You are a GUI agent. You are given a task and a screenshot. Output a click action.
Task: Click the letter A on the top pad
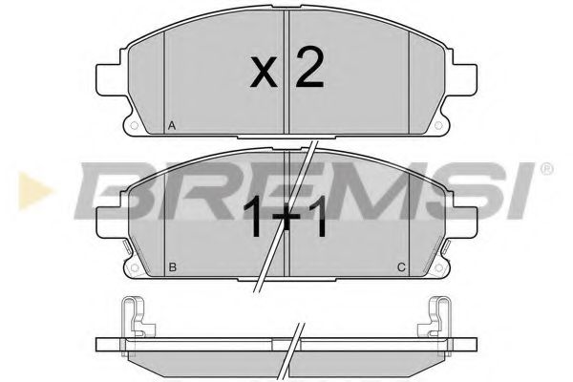[172, 126]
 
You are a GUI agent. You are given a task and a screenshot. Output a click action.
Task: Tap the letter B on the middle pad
[173, 267]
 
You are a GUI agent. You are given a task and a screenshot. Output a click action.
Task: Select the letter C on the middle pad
[401, 267]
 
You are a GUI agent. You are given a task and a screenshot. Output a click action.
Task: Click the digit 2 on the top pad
[308, 68]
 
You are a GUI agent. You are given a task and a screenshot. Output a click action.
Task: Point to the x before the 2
[264, 73]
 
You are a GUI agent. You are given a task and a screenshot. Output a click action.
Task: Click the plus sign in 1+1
[286, 216]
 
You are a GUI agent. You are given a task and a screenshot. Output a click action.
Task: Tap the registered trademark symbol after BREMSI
[546, 169]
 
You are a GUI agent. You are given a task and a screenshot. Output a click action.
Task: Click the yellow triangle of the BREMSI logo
[33, 190]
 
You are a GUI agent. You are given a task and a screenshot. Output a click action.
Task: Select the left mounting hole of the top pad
[134, 125]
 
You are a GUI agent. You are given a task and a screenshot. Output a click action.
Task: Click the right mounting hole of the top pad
[439, 125]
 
